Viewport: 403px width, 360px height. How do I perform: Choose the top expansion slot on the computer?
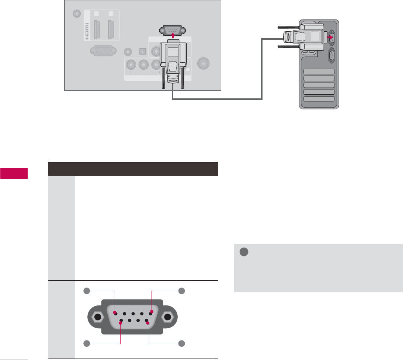[319, 72]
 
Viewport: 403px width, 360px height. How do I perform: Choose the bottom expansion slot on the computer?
[319, 99]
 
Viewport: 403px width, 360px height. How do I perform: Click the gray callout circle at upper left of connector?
[87, 291]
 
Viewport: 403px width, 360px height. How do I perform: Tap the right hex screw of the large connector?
[168, 317]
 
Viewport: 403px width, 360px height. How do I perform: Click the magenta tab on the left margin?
[14, 173]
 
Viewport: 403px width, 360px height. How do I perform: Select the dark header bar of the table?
[133, 169]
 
